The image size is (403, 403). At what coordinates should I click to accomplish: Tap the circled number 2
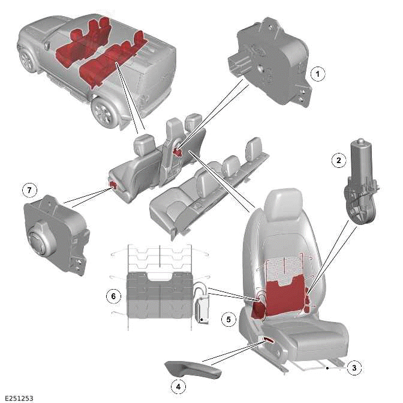(x=339, y=160)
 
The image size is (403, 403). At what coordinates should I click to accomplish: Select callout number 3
(x=354, y=368)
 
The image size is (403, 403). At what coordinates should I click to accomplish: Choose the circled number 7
(x=28, y=190)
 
